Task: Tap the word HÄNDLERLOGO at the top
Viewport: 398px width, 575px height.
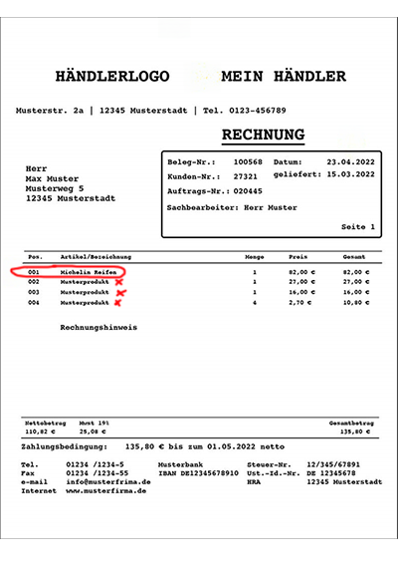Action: (114, 76)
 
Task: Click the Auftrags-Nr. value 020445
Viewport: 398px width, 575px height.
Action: (248, 189)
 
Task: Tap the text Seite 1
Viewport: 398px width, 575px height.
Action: (358, 227)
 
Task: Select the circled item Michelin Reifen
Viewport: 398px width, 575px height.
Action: (89, 271)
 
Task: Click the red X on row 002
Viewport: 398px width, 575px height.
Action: (119, 282)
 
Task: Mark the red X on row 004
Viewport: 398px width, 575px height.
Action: (118, 302)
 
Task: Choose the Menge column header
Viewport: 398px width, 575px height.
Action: (254, 256)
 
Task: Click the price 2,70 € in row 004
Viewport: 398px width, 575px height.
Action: (299, 302)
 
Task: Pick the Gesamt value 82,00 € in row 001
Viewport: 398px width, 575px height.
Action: (354, 271)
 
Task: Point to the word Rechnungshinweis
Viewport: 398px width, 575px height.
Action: (99, 327)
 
